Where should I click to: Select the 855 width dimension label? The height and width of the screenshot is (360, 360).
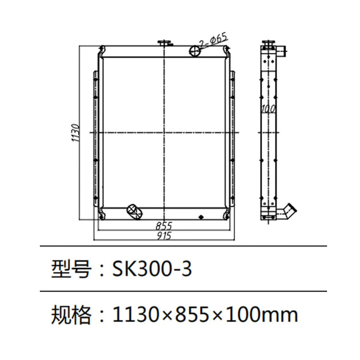164,225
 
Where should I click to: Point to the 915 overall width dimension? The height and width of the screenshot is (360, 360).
164,234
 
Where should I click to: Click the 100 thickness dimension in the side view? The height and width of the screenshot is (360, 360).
266,108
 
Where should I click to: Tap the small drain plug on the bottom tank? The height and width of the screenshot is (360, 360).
201,217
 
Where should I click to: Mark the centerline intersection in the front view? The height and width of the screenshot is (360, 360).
164,132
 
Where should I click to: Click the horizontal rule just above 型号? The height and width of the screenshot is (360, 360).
183,246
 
